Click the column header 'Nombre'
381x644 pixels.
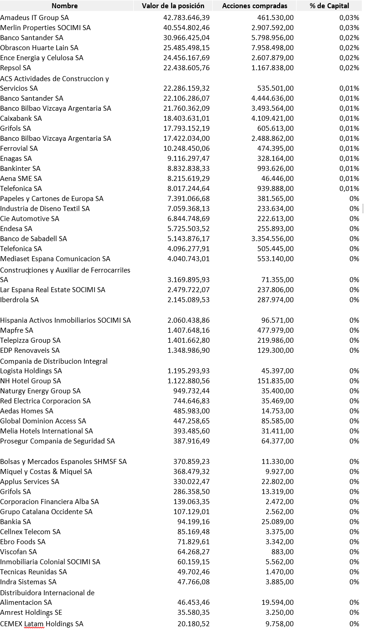click(x=64, y=6)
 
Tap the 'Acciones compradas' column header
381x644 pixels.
click(x=255, y=6)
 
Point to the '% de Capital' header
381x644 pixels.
click(x=329, y=6)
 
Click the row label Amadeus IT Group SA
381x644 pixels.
click(x=35, y=18)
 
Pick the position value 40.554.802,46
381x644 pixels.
click(x=186, y=28)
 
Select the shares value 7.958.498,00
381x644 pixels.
click(x=272, y=48)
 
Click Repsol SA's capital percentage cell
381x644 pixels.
click(x=349, y=68)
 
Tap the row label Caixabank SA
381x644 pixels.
click(x=21, y=118)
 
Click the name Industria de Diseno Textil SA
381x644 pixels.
click(x=45, y=209)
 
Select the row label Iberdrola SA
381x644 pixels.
click(x=20, y=300)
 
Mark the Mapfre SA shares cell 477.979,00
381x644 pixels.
click(x=276, y=330)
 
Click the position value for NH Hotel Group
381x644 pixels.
click(x=188, y=381)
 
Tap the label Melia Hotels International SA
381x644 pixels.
click(x=47, y=431)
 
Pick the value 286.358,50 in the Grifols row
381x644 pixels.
click(x=191, y=492)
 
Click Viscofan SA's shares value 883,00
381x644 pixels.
click(x=282, y=552)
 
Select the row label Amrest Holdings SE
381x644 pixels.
click(x=31, y=613)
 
